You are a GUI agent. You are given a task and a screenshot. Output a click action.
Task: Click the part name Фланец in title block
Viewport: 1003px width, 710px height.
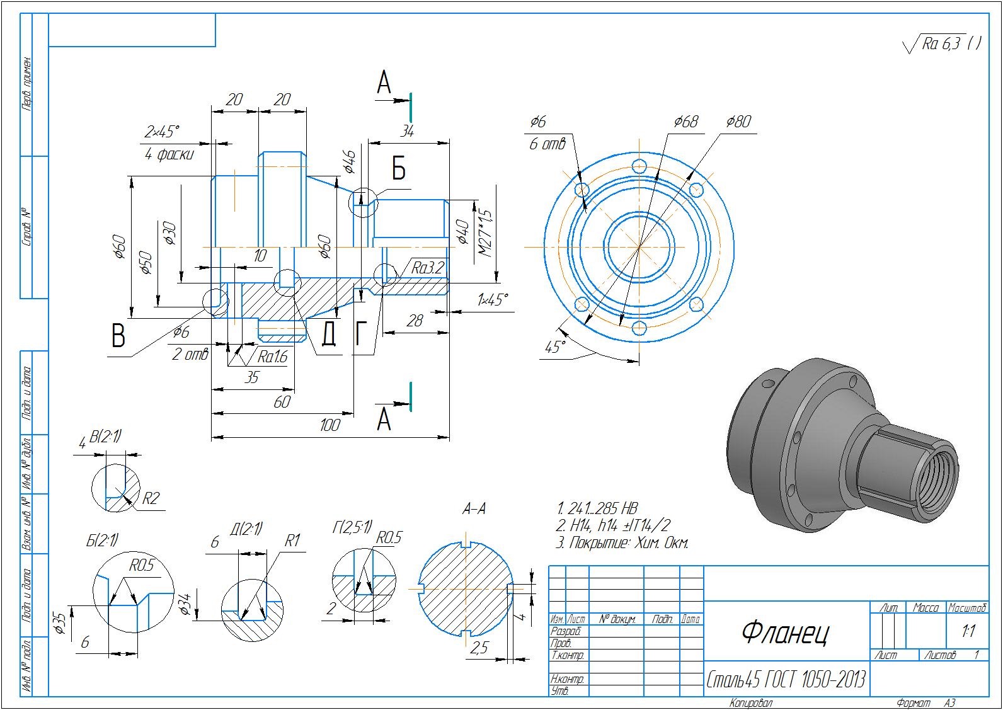click(x=785, y=632)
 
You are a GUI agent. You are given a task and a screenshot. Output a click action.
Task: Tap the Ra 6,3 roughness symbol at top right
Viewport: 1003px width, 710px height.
click(x=942, y=43)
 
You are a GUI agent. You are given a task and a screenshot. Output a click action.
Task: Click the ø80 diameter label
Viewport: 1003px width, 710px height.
click(x=738, y=122)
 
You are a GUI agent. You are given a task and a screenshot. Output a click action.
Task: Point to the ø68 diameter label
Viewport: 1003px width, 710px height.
click(x=685, y=122)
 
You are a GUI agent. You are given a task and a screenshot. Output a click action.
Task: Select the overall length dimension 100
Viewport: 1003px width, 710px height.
click(x=330, y=425)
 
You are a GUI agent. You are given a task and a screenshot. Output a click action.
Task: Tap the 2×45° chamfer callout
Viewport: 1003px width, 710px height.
click(x=162, y=132)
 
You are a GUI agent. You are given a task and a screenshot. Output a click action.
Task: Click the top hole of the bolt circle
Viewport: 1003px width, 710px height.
click(x=639, y=167)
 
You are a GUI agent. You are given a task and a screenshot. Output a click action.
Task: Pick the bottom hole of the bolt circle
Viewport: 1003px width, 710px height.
click(x=639, y=328)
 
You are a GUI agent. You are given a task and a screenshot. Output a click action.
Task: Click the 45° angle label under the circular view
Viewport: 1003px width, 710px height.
click(x=554, y=347)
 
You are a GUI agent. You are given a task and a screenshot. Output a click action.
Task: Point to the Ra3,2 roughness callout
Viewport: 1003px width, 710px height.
click(x=428, y=268)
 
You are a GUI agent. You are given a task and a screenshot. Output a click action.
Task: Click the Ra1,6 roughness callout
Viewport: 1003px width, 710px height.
click(x=272, y=357)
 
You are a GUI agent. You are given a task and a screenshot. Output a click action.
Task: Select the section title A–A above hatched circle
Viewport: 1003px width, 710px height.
click(x=474, y=509)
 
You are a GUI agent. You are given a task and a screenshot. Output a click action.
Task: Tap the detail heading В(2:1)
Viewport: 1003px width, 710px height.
click(x=106, y=436)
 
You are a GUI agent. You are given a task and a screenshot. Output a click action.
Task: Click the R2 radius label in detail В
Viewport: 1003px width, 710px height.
click(x=150, y=499)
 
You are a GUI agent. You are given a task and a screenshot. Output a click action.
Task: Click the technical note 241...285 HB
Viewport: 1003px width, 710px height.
click(x=597, y=508)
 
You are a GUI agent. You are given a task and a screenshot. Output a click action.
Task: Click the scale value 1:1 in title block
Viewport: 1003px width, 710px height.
click(x=968, y=631)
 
